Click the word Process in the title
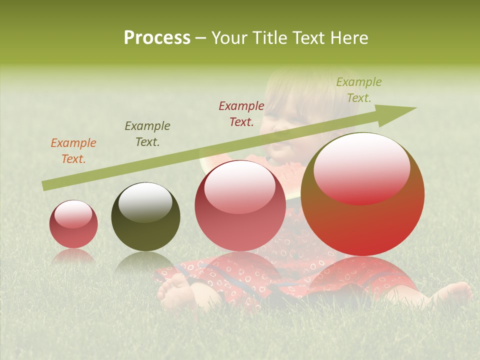click(157, 38)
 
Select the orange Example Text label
click(73, 151)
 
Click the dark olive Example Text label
click(147, 134)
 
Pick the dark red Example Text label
click(241, 114)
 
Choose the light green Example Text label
click(359, 90)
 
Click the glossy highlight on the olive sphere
click(145, 202)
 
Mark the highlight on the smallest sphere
click(73, 214)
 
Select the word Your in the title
click(230, 38)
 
